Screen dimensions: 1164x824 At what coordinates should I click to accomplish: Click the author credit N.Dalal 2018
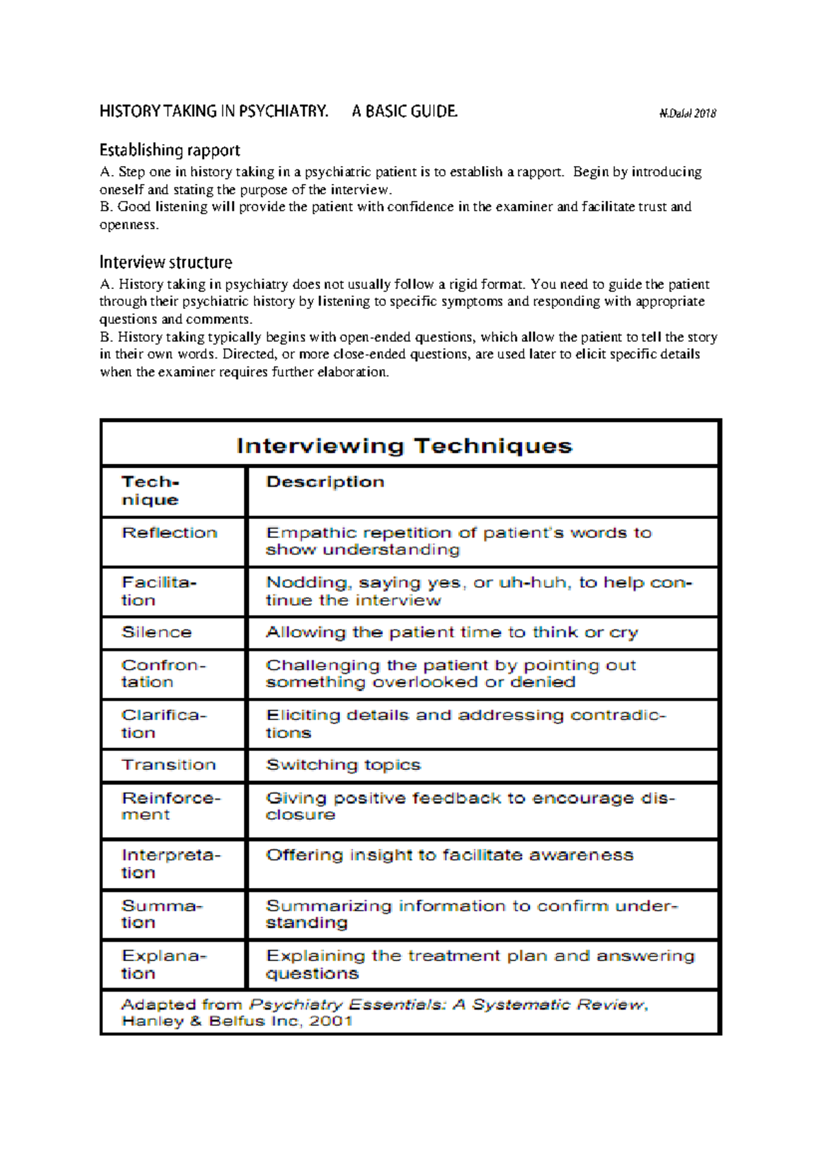click(x=687, y=114)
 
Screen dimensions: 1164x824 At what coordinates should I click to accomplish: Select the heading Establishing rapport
click(x=170, y=150)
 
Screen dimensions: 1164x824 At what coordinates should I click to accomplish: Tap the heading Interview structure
click(x=165, y=262)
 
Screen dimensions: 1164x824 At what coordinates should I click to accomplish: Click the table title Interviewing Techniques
click(x=404, y=446)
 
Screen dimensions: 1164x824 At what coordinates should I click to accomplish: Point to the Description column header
click(x=325, y=482)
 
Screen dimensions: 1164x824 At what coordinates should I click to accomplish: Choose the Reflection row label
click(x=170, y=533)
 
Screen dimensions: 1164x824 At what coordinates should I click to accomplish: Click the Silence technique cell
click(x=157, y=632)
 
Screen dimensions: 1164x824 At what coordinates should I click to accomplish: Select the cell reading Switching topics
click(x=343, y=765)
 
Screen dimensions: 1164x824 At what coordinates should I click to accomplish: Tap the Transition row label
click(x=169, y=765)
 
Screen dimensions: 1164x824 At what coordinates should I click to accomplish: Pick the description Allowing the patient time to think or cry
click(x=452, y=632)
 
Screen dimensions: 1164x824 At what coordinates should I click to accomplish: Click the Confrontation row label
click(x=163, y=673)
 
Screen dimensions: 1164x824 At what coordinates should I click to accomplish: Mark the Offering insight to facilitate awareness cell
click(x=450, y=855)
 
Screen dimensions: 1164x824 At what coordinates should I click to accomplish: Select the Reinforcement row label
click(x=171, y=806)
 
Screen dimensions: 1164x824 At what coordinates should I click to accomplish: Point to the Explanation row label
click(x=164, y=964)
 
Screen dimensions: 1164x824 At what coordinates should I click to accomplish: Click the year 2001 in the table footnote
click(x=330, y=1021)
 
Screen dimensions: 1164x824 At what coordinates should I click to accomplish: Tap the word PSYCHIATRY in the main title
click(x=283, y=111)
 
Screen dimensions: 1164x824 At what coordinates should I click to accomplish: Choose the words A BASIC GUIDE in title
click(x=404, y=111)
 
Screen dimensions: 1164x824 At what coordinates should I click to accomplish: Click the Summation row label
click(x=162, y=914)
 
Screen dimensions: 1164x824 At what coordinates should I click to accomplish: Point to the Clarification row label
click(x=164, y=723)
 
